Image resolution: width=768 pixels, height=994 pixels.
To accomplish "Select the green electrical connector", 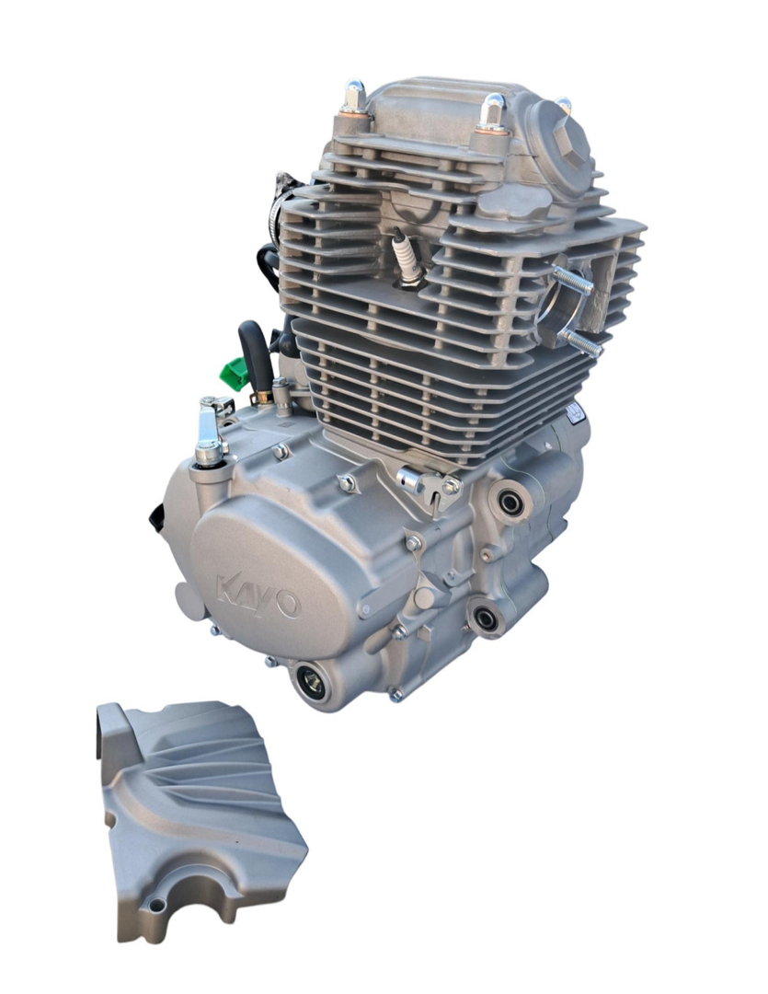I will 235,374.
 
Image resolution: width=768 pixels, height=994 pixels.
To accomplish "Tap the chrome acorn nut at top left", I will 354,98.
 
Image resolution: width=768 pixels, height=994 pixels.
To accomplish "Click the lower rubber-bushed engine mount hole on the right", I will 485,618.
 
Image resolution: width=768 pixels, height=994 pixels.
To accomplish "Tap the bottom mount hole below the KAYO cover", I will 311,682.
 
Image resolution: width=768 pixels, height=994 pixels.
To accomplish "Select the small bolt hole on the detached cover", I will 158,906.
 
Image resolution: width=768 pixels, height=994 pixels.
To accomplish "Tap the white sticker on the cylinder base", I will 576,413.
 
